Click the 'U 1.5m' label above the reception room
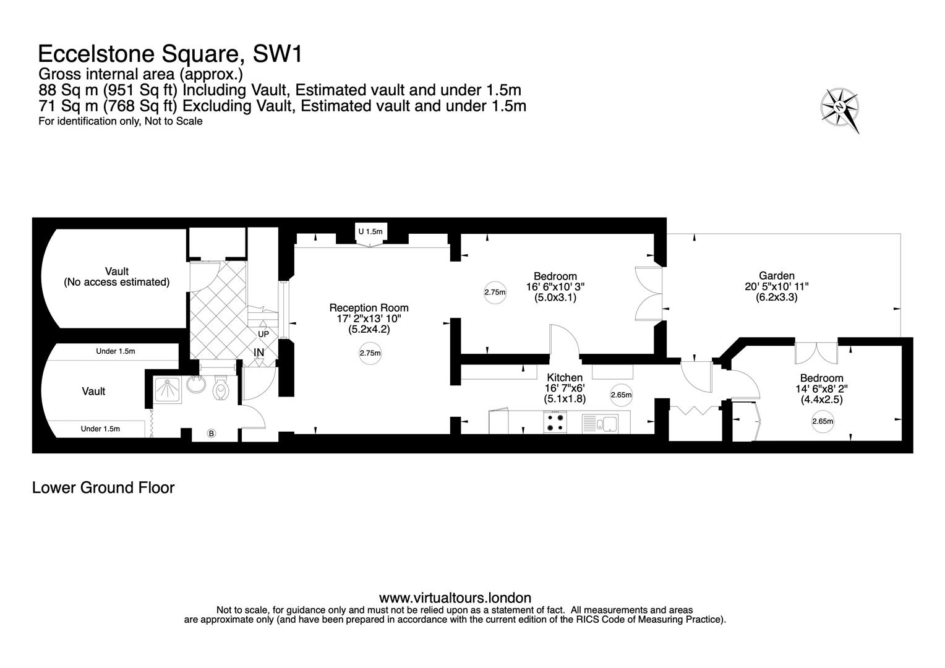pos(370,231)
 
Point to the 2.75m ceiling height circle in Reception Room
pos(370,354)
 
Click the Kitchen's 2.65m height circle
pos(620,395)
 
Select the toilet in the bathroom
pos(220,390)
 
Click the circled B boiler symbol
pos(211,434)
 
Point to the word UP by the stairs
pos(263,334)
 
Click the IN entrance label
pos(259,352)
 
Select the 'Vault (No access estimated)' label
pos(116,276)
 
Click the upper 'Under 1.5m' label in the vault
pos(115,351)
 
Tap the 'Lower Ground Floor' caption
pos(103,487)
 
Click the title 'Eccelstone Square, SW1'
pos(170,54)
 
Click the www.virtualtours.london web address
pos(455,597)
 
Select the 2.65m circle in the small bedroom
pos(823,422)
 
